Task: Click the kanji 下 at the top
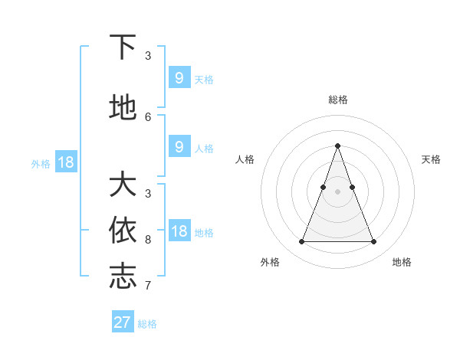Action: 123,48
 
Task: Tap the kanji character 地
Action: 123,108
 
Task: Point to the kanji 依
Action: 123,231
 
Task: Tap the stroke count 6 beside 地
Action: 148,116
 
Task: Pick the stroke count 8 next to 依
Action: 148,239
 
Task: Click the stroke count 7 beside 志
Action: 148,285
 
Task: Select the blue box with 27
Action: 123,322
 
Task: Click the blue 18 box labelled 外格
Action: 65,162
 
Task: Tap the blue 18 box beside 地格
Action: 179,231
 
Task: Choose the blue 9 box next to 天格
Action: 179,78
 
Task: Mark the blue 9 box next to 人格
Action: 179,147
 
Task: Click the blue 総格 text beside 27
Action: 147,323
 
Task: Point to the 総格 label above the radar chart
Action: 337,100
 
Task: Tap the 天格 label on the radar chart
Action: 431,159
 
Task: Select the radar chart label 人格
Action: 245,159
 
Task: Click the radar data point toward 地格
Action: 373,242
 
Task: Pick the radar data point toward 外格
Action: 301,242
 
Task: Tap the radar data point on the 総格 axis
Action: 337,146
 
